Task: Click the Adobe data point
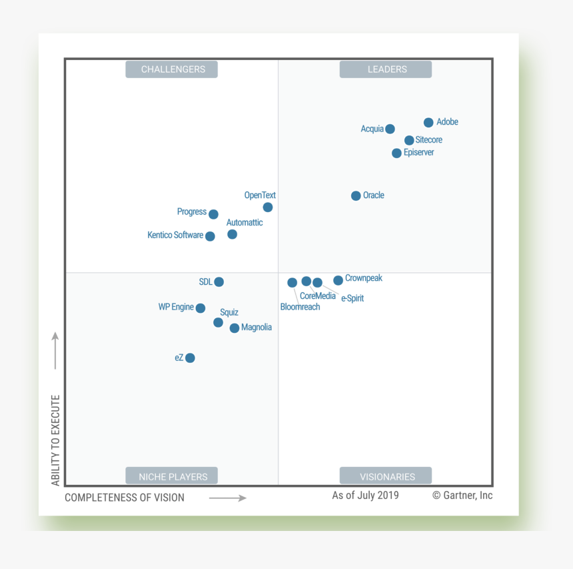click(428, 123)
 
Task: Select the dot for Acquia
click(390, 129)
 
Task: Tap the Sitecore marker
click(409, 140)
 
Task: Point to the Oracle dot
click(356, 195)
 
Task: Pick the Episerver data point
click(396, 153)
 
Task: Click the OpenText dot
click(267, 207)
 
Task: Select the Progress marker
click(213, 214)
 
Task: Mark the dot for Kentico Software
click(210, 236)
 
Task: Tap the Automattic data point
click(232, 234)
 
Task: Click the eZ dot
click(190, 358)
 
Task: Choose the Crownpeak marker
click(338, 280)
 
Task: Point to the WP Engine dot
click(201, 308)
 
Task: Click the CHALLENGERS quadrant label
click(172, 69)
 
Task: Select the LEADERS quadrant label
click(386, 69)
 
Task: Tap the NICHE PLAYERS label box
click(172, 476)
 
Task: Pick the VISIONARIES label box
click(386, 476)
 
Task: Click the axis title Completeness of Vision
click(125, 498)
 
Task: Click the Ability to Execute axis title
click(56, 440)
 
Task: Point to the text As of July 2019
click(365, 495)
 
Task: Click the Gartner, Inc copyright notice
click(462, 495)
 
